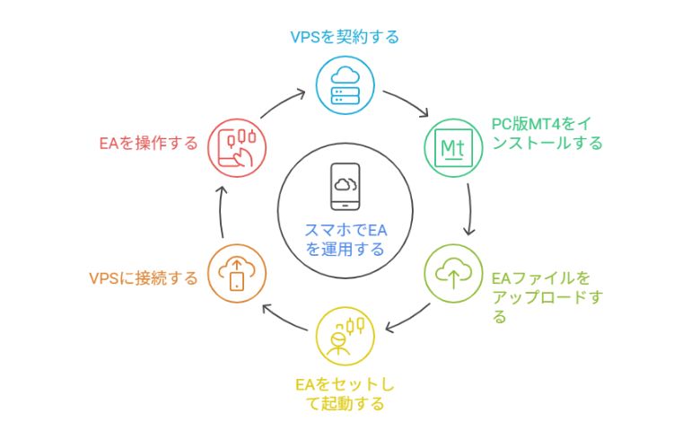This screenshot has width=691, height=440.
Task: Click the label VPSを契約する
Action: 345,37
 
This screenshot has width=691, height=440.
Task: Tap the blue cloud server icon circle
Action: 345,85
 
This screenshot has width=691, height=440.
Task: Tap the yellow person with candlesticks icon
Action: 345,334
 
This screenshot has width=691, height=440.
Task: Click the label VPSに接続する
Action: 144,278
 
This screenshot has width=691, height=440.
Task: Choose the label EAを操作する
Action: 149,143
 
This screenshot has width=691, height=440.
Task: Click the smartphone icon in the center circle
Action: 345,186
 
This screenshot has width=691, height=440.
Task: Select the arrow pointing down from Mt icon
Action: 469,209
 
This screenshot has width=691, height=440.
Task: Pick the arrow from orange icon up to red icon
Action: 222,209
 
